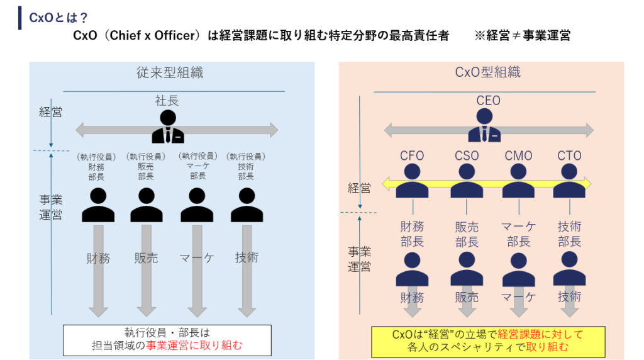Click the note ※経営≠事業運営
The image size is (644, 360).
[x=522, y=36]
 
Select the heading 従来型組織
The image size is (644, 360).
[x=170, y=72]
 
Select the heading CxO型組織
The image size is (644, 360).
[x=488, y=72]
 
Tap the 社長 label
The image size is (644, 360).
[x=167, y=100]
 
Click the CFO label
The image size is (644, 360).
[x=412, y=155]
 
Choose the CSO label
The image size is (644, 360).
[x=466, y=155]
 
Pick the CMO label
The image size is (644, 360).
[x=518, y=155]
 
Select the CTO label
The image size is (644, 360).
[x=569, y=155]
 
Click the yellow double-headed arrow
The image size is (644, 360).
[x=488, y=184]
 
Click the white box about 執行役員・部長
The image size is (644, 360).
[x=167, y=340]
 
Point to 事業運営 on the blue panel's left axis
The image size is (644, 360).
[x=50, y=208]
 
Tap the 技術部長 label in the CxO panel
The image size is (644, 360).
[x=569, y=233]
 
